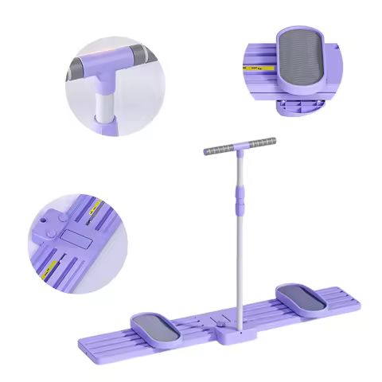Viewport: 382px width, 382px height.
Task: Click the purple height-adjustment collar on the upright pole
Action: (236, 204)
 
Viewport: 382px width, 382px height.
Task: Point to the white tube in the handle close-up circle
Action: (103, 103)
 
